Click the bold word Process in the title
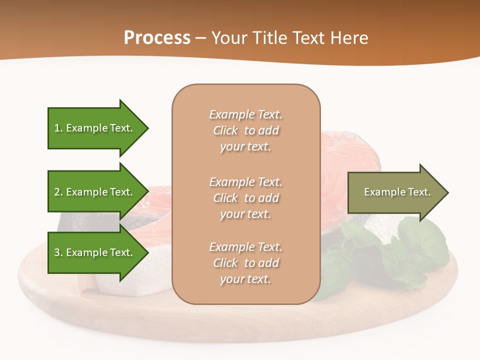click(x=157, y=38)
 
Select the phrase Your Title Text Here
click(x=289, y=38)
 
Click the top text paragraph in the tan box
click(x=245, y=130)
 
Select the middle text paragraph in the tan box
click(x=245, y=198)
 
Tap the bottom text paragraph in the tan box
click(x=245, y=263)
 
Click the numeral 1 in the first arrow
click(x=56, y=128)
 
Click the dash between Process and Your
click(x=200, y=38)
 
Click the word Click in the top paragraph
click(x=225, y=130)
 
